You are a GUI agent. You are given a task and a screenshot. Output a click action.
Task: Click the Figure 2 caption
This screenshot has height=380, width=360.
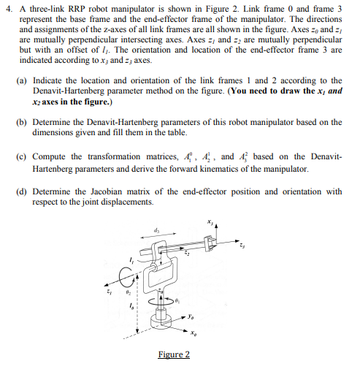pyautogui.click(x=174, y=354)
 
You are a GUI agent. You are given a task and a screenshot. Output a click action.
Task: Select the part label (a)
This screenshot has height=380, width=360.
pyautogui.click(x=24, y=80)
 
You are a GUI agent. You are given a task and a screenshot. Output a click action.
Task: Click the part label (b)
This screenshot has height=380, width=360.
pyautogui.click(x=24, y=121)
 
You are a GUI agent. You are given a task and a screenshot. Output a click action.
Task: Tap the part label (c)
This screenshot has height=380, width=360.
pyautogui.click(x=24, y=156)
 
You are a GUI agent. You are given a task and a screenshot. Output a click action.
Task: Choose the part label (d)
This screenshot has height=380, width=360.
pyautogui.click(x=24, y=191)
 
